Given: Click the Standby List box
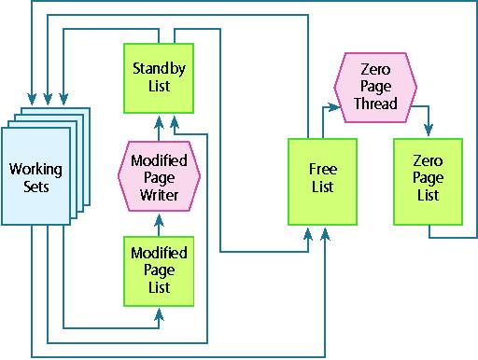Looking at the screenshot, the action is click(159, 78).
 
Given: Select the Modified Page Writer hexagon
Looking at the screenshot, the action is click(159, 176).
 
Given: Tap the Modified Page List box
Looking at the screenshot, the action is click(159, 271).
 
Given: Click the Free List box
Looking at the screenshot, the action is click(322, 182).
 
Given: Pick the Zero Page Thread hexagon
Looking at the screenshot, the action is click(375, 88).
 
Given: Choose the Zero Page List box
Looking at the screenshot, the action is click(428, 182).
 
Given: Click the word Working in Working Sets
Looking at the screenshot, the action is click(35, 170).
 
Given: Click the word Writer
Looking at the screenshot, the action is click(159, 195).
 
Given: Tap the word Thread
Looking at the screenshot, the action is click(375, 104).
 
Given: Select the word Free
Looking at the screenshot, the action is click(323, 169).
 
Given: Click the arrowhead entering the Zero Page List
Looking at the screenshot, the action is click(429, 130).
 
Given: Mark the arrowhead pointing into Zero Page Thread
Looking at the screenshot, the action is click(335, 107).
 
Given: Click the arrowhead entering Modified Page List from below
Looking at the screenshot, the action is click(159, 314).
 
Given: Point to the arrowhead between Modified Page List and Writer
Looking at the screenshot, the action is click(159, 220).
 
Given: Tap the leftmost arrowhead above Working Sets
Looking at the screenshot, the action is click(32, 99).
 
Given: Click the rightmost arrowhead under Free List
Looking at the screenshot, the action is click(325, 234).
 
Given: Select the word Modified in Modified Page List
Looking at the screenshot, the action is click(159, 253).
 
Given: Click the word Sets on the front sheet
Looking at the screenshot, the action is click(36, 187).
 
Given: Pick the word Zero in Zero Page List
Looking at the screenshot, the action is click(428, 161).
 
